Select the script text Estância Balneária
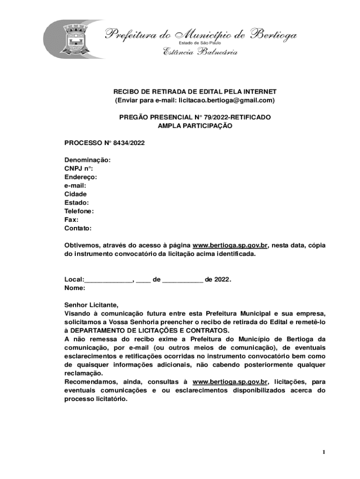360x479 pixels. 200,52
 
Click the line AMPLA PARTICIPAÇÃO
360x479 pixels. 195,126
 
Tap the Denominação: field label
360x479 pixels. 87,160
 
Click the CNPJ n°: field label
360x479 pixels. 79,168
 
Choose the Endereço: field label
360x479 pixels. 81,177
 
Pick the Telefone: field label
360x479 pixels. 79,211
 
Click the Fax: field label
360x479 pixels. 72,220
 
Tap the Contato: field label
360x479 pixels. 78,228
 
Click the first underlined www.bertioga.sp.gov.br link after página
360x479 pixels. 230,246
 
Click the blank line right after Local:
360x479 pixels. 108,280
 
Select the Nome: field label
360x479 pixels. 74,288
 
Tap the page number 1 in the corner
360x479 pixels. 323,452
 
